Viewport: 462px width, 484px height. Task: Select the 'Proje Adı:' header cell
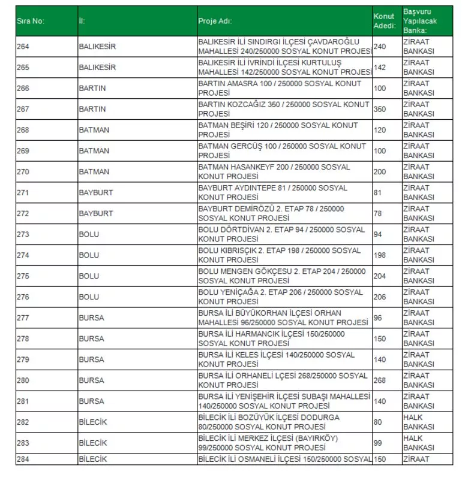point(215,21)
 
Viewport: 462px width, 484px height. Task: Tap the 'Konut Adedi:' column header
point(384,21)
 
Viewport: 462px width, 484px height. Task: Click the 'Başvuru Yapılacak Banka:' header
point(418,21)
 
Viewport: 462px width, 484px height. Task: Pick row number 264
point(23,47)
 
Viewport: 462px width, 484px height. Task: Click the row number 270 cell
point(23,172)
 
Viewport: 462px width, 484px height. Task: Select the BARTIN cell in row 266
point(92,89)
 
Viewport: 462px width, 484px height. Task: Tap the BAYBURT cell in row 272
point(95,213)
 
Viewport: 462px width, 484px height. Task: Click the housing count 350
point(380,110)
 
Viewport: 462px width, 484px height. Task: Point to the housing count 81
point(377,193)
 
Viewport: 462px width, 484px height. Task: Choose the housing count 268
point(380,380)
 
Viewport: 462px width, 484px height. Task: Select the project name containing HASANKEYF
point(274,172)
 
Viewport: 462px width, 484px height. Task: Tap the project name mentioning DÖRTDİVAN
point(281,234)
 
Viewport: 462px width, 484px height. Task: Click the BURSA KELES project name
point(276,359)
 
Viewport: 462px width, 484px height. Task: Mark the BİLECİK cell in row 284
point(93,459)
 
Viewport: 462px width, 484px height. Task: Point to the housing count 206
point(380,297)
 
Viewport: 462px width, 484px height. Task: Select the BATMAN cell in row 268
point(94,130)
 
